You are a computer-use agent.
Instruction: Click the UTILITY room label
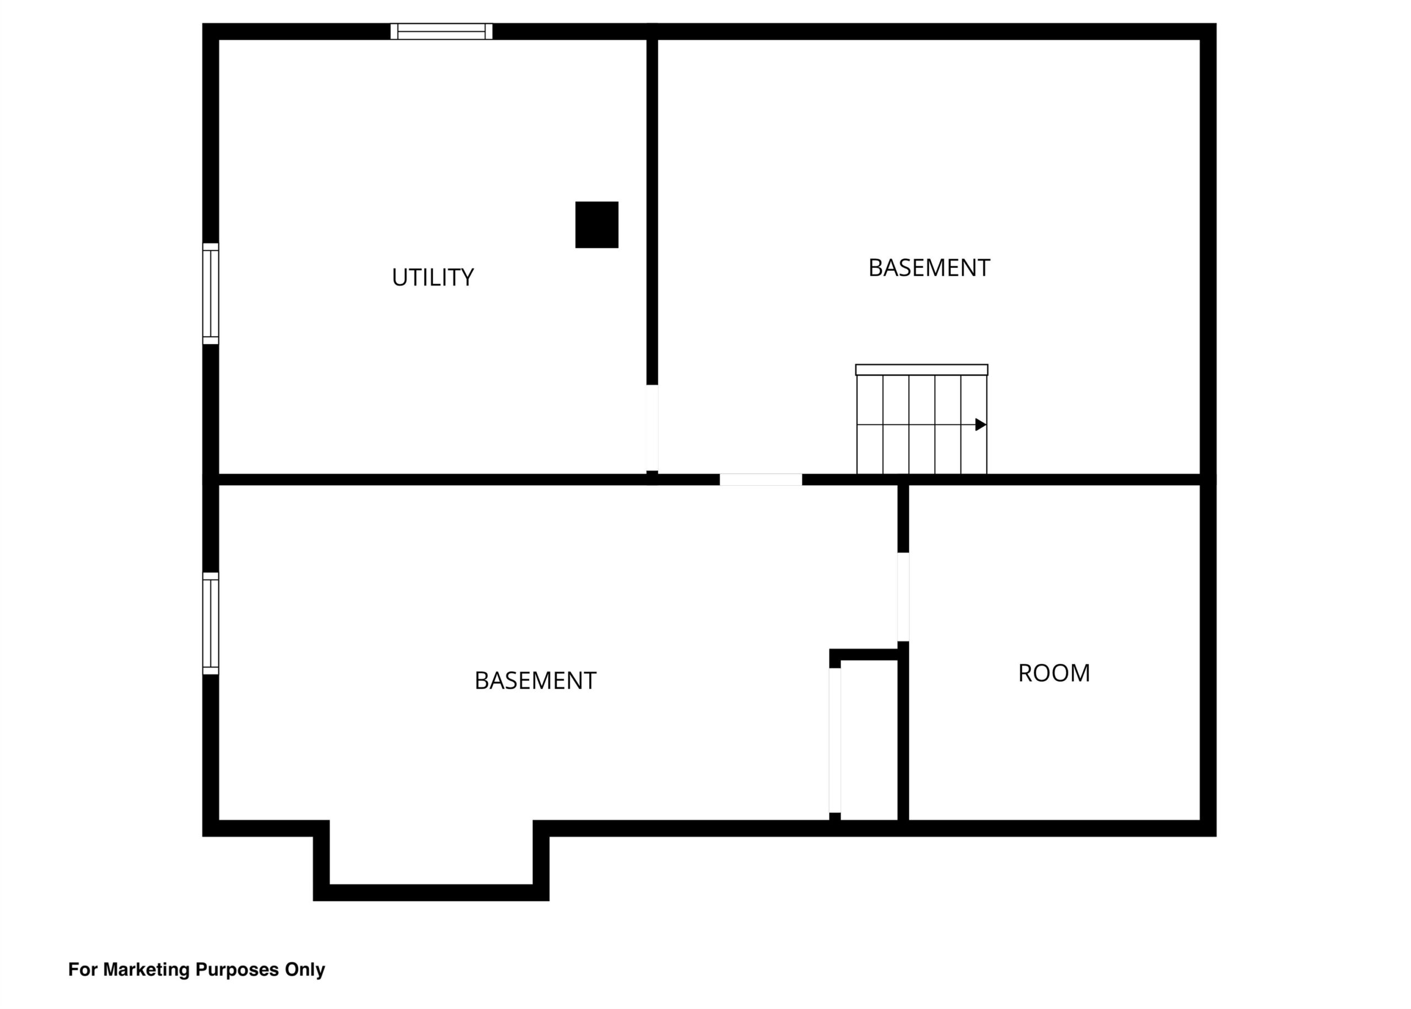tap(432, 277)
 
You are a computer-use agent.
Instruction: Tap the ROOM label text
tap(1054, 673)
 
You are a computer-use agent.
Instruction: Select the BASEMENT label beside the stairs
tap(929, 268)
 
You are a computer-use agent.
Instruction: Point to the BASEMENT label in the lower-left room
tap(535, 680)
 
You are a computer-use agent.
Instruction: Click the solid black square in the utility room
tap(597, 224)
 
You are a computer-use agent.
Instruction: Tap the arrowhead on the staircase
tap(981, 425)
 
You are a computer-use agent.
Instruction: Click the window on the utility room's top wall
tap(441, 31)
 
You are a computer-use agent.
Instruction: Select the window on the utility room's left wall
tap(211, 293)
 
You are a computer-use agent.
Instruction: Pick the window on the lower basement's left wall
tap(211, 623)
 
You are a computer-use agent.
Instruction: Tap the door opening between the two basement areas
tap(761, 479)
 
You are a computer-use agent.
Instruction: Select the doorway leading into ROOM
tap(903, 597)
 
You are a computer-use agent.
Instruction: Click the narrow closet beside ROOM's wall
tap(869, 740)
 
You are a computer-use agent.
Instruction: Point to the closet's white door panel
tap(835, 740)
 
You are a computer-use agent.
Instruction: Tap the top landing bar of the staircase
tap(922, 369)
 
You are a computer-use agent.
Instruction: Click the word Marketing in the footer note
tap(147, 969)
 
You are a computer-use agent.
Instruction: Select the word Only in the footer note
tap(304, 970)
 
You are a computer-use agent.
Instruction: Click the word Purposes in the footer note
tap(237, 970)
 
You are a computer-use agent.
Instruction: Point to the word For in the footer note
tap(83, 969)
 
